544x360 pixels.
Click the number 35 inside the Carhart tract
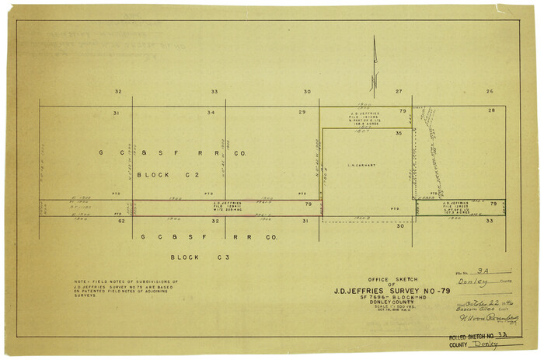[399, 134]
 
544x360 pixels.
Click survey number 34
[211, 114]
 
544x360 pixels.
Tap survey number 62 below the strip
[121, 221]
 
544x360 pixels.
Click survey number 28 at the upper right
[491, 111]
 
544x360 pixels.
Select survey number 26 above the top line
[490, 92]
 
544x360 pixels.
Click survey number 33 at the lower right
[490, 221]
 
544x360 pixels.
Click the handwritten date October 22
[480, 301]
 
